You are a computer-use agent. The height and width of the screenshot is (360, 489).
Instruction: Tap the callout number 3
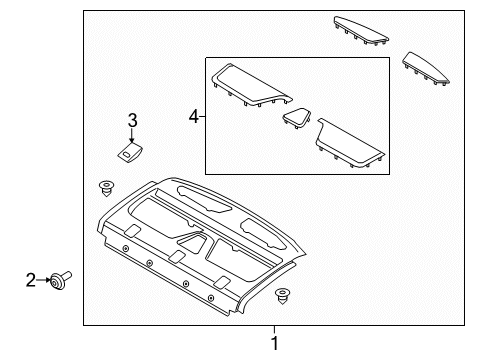131,122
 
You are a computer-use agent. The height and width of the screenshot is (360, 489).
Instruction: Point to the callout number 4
194,117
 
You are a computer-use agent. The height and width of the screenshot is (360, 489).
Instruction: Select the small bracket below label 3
128,151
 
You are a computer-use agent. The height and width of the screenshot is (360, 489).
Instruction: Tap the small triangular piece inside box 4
297,119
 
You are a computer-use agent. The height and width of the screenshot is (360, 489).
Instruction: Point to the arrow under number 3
131,135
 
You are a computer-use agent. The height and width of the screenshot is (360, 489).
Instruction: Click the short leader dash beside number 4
202,117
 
